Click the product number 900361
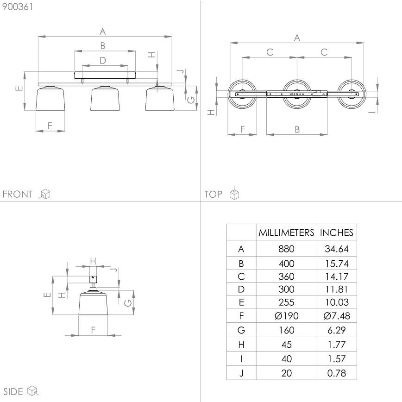(18, 7)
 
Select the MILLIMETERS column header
(286, 232)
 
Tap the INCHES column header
(337, 232)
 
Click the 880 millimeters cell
(286, 249)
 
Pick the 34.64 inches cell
(337, 249)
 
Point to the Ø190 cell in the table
(286, 316)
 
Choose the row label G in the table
(241, 330)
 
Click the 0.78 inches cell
(337, 373)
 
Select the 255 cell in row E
(286, 302)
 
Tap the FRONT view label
(18, 194)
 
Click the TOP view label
(214, 194)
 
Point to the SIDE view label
(13, 391)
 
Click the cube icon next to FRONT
(45, 194)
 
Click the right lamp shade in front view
(159, 99)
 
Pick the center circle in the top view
(297, 94)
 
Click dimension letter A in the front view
(103, 31)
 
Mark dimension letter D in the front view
(103, 60)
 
